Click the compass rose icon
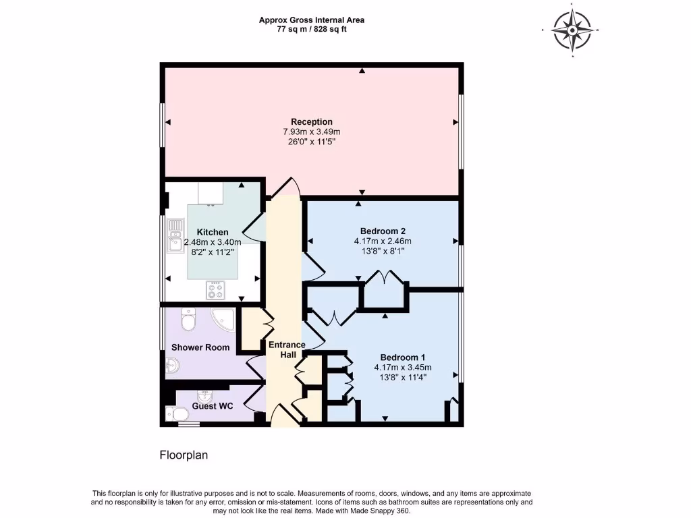pyautogui.click(x=572, y=30)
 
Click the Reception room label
pyautogui.click(x=312, y=122)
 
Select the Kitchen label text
pyautogui.click(x=213, y=232)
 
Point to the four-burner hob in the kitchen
pyautogui.click(x=215, y=289)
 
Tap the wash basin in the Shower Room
pyautogui.click(x=173, y=366)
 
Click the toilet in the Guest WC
pyautogui.click(x=179, y=414)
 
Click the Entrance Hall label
pyautogui.click(x=287, y=349)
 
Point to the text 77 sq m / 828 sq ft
pyautogui.click(x=312, y=30)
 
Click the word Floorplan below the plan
pyautogui.click(x=184, y=455)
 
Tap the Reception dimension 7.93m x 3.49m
pyautogui.click(x=312, y=132)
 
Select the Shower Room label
pyautogui.click(x=200, y=348)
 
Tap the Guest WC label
pyautogui.click(x=213, y=407)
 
